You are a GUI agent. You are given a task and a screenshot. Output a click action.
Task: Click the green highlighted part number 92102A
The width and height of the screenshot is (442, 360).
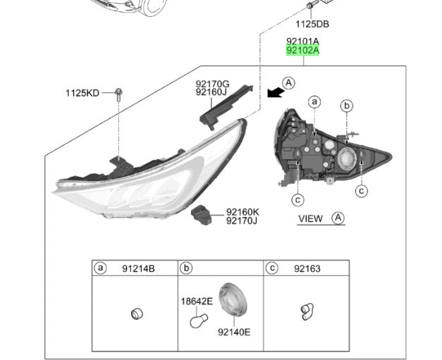(x=302, y=51)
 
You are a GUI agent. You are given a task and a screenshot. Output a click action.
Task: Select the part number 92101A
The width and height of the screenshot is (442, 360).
(x=302, y=42)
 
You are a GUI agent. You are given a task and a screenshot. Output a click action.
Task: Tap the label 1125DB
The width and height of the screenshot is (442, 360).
(x=312, y=24)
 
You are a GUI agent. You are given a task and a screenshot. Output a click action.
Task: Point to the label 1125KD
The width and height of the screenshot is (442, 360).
(x=82, y=93)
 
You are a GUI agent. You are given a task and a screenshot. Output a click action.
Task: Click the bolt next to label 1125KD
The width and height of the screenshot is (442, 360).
(x=118, y=95)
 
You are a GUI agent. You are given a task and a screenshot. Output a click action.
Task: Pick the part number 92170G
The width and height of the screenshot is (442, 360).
(x=213, y=84)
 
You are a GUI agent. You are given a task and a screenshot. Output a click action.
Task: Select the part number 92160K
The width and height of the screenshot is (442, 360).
(x=243, y=212)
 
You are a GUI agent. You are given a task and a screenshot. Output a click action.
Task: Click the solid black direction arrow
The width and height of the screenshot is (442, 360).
(x=276, y=92)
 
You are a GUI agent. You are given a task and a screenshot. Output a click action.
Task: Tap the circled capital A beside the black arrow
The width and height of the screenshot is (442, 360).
(x=288, y=83)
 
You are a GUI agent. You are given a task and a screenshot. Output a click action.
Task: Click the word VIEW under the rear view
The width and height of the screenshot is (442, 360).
(x=310, y=218)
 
